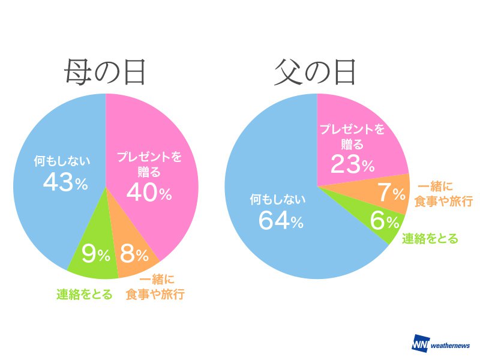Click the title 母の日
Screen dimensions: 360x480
pyautogui.click(x=106, y=73)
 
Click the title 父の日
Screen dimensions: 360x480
pyautogui.click(x=316, y=73)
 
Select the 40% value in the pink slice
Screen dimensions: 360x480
pyautogui.click(x=149, y=193)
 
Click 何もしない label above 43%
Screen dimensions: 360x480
pyautogui.click(x=62, y=161)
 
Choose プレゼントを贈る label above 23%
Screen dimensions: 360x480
pyautogui.click(x=351, y=136)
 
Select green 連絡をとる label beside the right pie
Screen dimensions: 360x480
pyautogui.click(x=430, y=238)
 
